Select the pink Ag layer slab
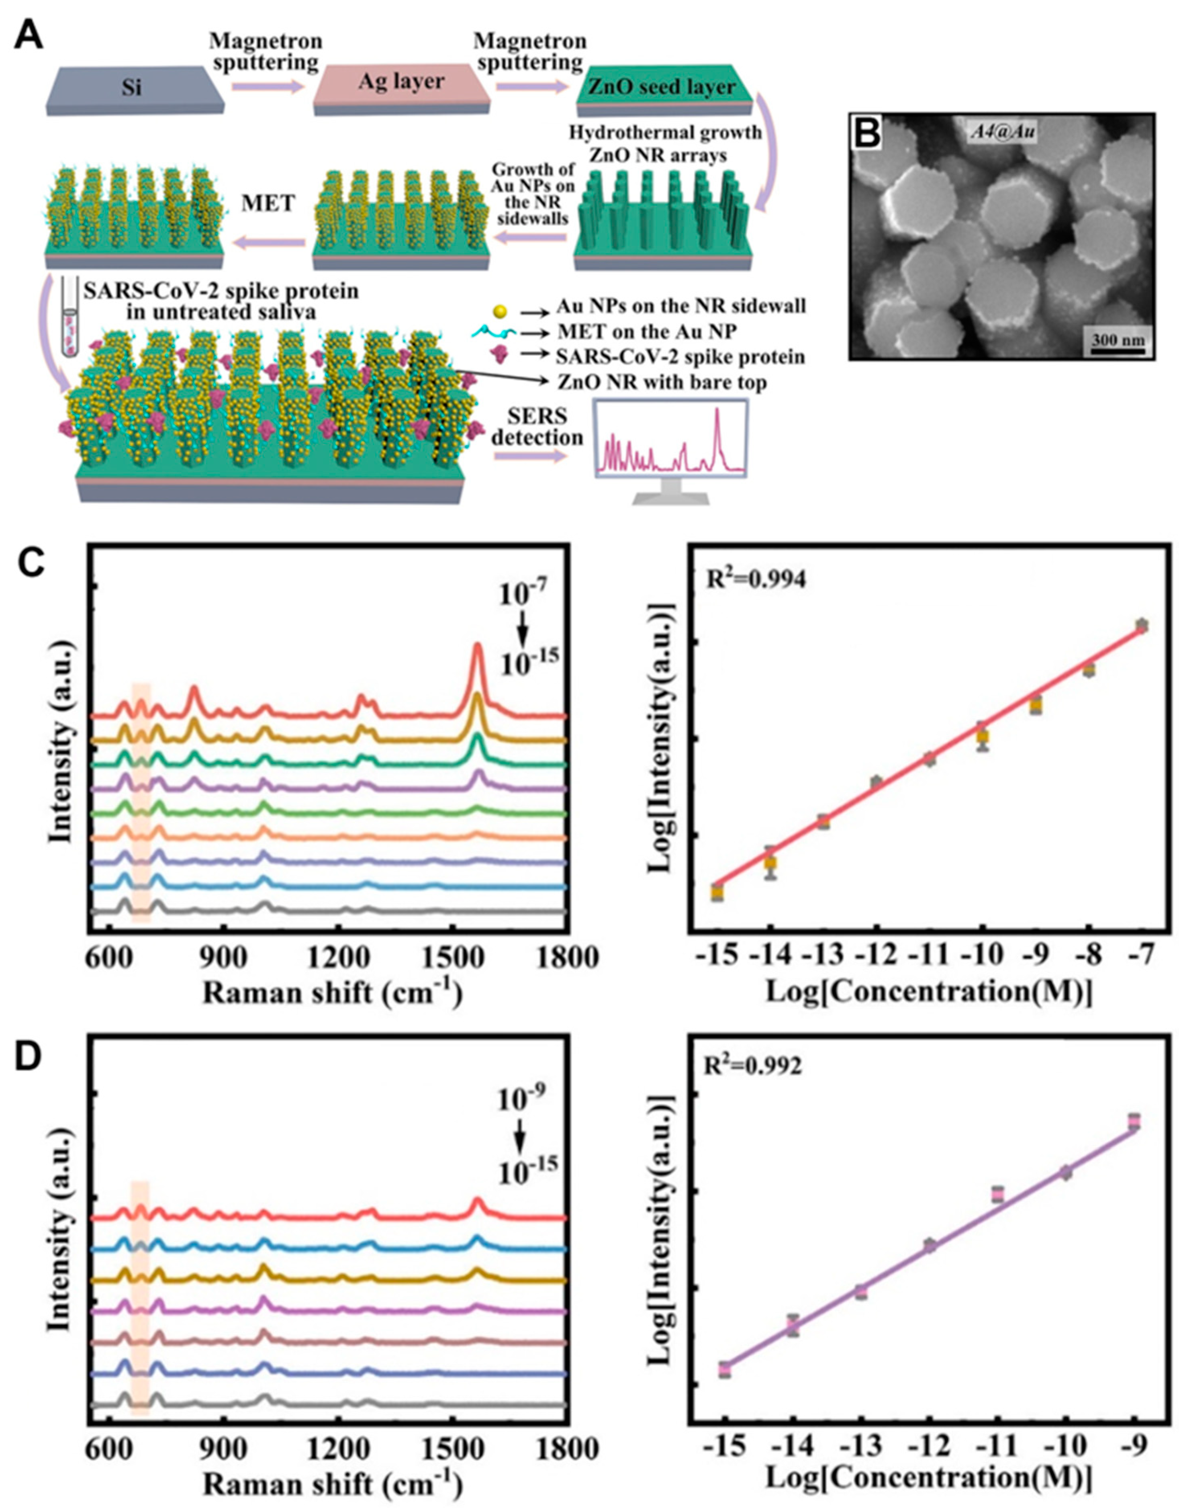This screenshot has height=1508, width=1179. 401,84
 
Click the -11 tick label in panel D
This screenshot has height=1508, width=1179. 997,1442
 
